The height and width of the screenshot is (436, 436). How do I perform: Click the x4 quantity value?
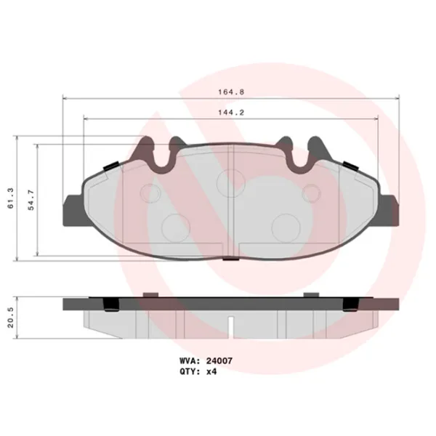(x=211, y=371)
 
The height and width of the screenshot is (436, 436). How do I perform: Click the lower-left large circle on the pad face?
(x=174, y=226)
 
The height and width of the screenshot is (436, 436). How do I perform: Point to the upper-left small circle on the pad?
(x=150, y=193)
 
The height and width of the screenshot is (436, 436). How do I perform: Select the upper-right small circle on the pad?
(x=311, y=193)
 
